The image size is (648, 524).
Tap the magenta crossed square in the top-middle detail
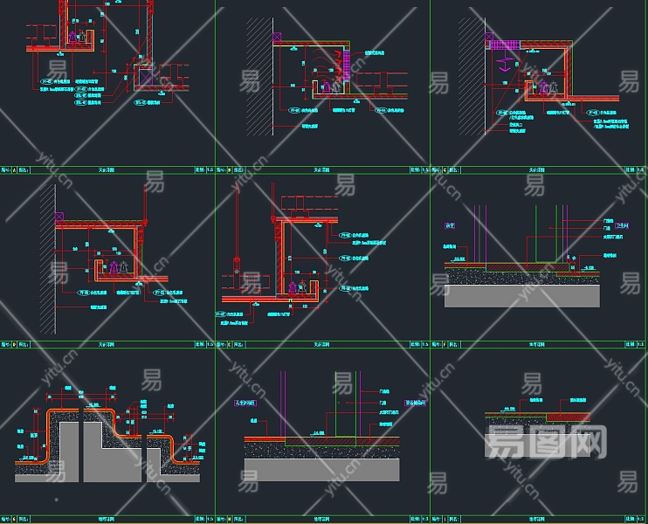(278, 38)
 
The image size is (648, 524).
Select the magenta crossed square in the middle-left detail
(59, 215)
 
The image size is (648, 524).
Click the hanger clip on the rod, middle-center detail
(237, 262)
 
